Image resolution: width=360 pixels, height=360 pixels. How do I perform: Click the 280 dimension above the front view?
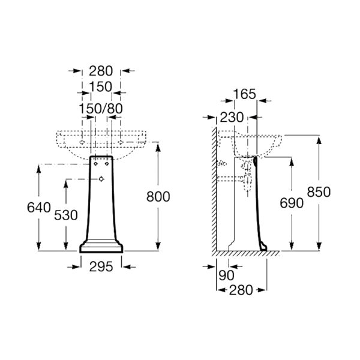click(x=101, y=71)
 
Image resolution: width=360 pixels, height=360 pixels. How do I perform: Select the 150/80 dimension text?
click(x=101, y=109)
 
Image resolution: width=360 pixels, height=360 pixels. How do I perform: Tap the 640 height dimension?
click(x=39, y=208)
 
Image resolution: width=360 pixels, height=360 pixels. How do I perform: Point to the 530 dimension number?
click(x=66, y=215)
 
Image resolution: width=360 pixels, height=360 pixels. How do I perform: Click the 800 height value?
click(x=158, y=197)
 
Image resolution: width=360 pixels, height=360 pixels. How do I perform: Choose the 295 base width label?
click(x=101, y=267)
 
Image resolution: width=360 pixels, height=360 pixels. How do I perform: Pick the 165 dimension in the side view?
click(x=245, y=94)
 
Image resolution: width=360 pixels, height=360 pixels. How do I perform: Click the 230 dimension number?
click(x=232, y=118)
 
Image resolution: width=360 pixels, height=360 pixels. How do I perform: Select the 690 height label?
click(x=292, y=203)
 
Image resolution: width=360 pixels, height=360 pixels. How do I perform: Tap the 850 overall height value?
click(x=319, y=192)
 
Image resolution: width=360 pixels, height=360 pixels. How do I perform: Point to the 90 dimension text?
click(x=226, y=275)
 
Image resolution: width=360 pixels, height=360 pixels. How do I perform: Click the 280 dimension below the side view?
click(x=241, y=290)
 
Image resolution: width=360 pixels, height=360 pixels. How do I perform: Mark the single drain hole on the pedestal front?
click(x=101, y=179)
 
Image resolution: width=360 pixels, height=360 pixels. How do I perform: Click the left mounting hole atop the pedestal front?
click(x=96, y=164)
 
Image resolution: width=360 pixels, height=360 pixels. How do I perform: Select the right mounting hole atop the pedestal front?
click(x=107, y=164)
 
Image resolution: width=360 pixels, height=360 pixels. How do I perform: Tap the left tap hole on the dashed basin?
click(x=82, y=142)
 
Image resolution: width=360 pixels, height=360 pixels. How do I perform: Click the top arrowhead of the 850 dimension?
click(x=319, y=140)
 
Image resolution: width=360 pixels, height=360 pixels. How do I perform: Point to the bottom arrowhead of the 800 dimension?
click(x=158, y=245)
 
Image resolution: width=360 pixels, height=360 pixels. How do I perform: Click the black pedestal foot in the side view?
click(x=263, y=247)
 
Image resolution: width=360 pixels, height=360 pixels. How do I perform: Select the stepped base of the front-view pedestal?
click(x=101, y=247)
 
